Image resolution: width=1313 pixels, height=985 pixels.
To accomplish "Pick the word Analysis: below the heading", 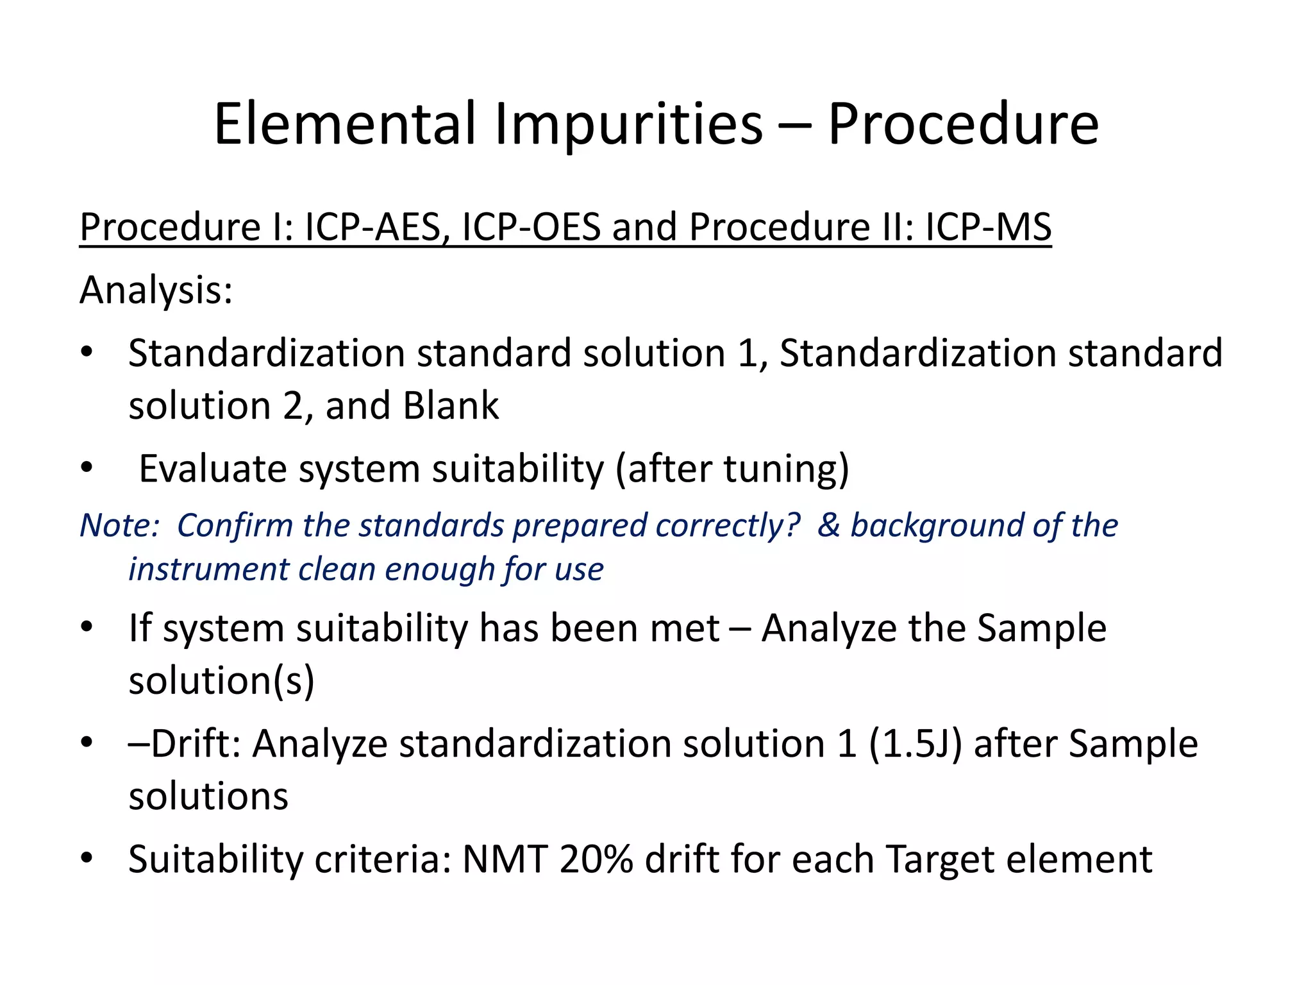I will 156,290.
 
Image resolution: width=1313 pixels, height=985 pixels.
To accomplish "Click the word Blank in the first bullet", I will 451,405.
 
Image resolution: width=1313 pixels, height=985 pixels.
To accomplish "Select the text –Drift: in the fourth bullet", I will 185,743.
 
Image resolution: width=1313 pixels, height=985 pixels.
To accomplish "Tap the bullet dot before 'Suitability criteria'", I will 87,857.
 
